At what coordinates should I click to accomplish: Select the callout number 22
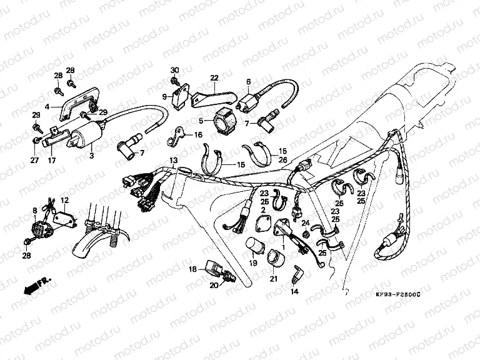[214, 78]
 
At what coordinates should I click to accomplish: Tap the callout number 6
[248, 82]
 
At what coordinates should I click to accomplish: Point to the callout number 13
[173, 161]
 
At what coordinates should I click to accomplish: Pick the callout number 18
[193, 269]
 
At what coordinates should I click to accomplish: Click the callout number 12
[64, 200]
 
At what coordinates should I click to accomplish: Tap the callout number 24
[306, 222]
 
